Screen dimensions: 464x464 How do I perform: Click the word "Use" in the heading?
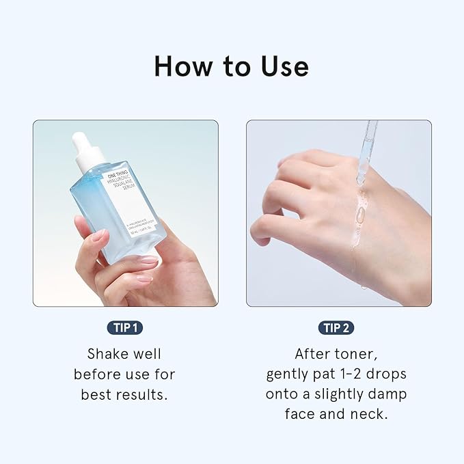[281, 66]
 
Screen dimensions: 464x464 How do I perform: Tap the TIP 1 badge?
[124, 328]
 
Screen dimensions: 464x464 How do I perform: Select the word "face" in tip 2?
[302, 415]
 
